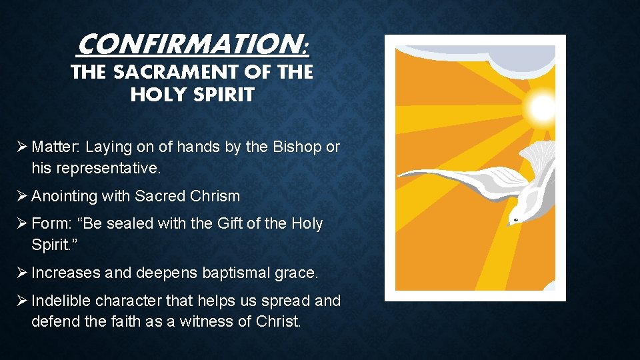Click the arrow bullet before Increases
[x=22, y=272]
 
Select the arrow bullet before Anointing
[x=22, y=196]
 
